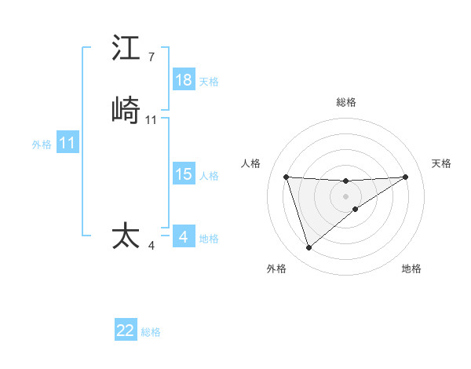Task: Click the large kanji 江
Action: click(x=126, y=48)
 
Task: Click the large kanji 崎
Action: click(x=126, y=111)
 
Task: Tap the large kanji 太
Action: click(x=126, y=236)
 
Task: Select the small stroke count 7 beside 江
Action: click(x=152, y=57)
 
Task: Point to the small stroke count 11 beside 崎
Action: click(x=152, y=119)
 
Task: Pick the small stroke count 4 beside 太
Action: click(x=152, y=246)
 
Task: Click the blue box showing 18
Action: click(x=184, y=80)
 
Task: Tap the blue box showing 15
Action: click(x=184, y=174)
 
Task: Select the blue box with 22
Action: click(x=126, y=331)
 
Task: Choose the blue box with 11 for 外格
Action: click(x=68, y=144)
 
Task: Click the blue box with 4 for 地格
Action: click(x=184, y=236)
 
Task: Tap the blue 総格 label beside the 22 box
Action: click(x=151, y=332)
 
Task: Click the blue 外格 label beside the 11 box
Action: click(x=42, y=144)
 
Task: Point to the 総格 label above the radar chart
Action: click(x=346, y=102)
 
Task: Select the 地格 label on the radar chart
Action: click(x=411, y=269)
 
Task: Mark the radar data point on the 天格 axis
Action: click(x=406, y=177)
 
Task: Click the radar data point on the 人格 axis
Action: click(x=287, y=177)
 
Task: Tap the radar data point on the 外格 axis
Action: click(x=309, y=248)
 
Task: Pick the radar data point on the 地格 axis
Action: click(x=356, y=209)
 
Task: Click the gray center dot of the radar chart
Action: click(x=345, y=195)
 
